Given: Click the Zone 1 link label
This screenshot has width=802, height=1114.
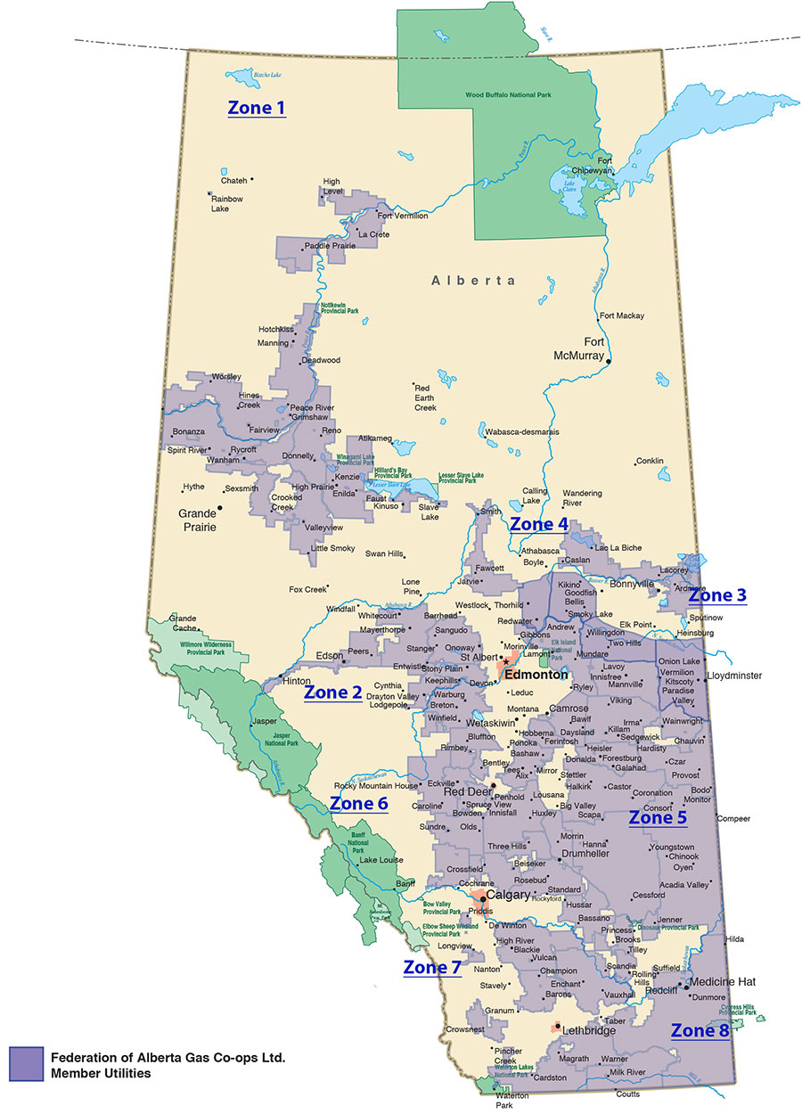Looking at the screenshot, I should (x=257, y=109).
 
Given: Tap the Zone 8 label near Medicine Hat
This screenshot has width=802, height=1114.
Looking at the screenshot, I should (x=700, y=1031).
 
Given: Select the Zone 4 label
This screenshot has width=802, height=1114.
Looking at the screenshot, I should (x=539, y=524).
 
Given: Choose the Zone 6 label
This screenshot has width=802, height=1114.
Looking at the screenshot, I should (x=359, y=804).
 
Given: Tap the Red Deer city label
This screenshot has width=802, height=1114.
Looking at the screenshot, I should (x=467, y=790).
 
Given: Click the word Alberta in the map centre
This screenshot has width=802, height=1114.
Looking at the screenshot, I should (x=473, y=280).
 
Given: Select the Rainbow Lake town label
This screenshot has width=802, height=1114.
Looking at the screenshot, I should (x=226, y=203).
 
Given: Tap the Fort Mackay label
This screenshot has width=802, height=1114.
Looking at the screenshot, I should (x=622, y=315).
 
